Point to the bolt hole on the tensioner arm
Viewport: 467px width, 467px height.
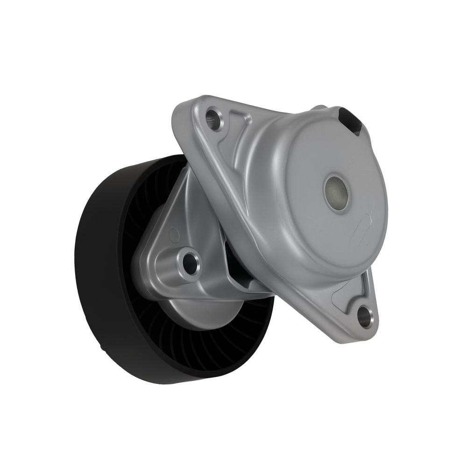pos(191,262)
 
